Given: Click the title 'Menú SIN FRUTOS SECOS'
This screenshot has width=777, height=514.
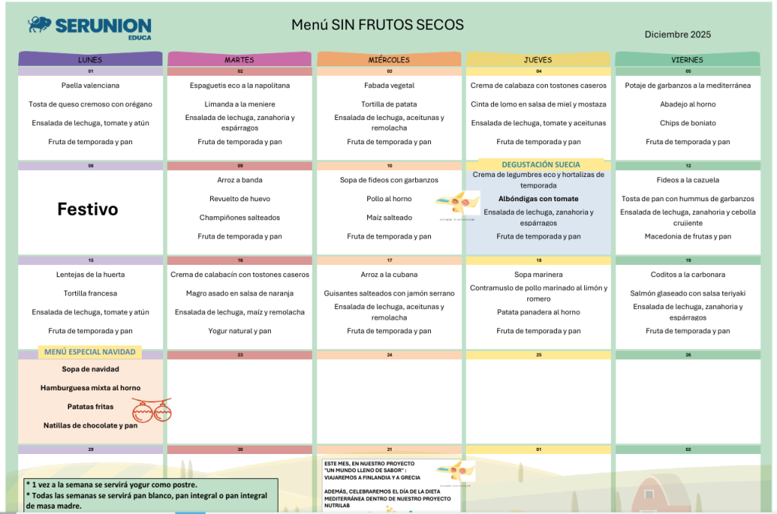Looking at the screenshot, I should [x=377, y=25].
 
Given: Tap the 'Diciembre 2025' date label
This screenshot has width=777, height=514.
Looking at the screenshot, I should [x=678, y=34].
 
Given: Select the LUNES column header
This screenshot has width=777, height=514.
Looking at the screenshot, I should [x=90, y=59].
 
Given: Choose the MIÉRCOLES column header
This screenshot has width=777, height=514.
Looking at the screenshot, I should [x=388, y=59].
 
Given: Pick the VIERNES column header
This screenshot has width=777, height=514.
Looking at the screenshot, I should [x=687, y=59].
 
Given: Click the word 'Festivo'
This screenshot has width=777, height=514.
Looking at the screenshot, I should [x=88, y=210].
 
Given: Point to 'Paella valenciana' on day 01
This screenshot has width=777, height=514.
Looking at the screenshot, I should [x=90, y=86].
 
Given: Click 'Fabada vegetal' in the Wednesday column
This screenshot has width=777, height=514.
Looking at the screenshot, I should [x=388, y=86].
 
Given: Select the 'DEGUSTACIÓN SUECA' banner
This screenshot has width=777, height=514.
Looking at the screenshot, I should [x=540, y=164].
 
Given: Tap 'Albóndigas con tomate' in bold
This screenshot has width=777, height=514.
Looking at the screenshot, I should [x=538, y=199].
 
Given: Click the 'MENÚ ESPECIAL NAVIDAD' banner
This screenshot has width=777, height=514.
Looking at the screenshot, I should [x=90, y=352].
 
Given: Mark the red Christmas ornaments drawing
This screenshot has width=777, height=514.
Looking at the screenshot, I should [x=152, y=410].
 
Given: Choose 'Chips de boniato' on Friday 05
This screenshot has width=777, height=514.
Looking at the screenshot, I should [x=687, y=123].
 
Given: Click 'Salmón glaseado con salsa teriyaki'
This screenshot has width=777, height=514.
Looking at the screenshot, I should [x=687, y=293].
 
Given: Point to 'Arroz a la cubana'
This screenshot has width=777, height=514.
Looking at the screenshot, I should [x=388, y=275].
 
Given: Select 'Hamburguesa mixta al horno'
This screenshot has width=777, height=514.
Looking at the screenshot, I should [x=90, y=388].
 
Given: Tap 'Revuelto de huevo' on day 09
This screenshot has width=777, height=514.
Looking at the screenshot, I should [x=240, y=199].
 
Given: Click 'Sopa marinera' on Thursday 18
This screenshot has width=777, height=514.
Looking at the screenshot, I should [x=538, y=275].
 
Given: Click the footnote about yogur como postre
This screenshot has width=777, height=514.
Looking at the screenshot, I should [x=112, y=484].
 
